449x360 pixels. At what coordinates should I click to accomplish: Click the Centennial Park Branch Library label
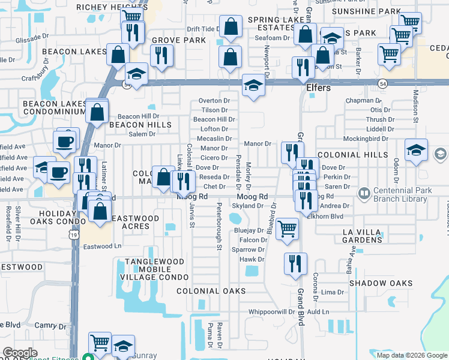[403, 194]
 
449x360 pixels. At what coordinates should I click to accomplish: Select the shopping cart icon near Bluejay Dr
[288, 229]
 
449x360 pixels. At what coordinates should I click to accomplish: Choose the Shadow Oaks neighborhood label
[381, 283]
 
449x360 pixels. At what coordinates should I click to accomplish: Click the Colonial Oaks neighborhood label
[211, 291]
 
